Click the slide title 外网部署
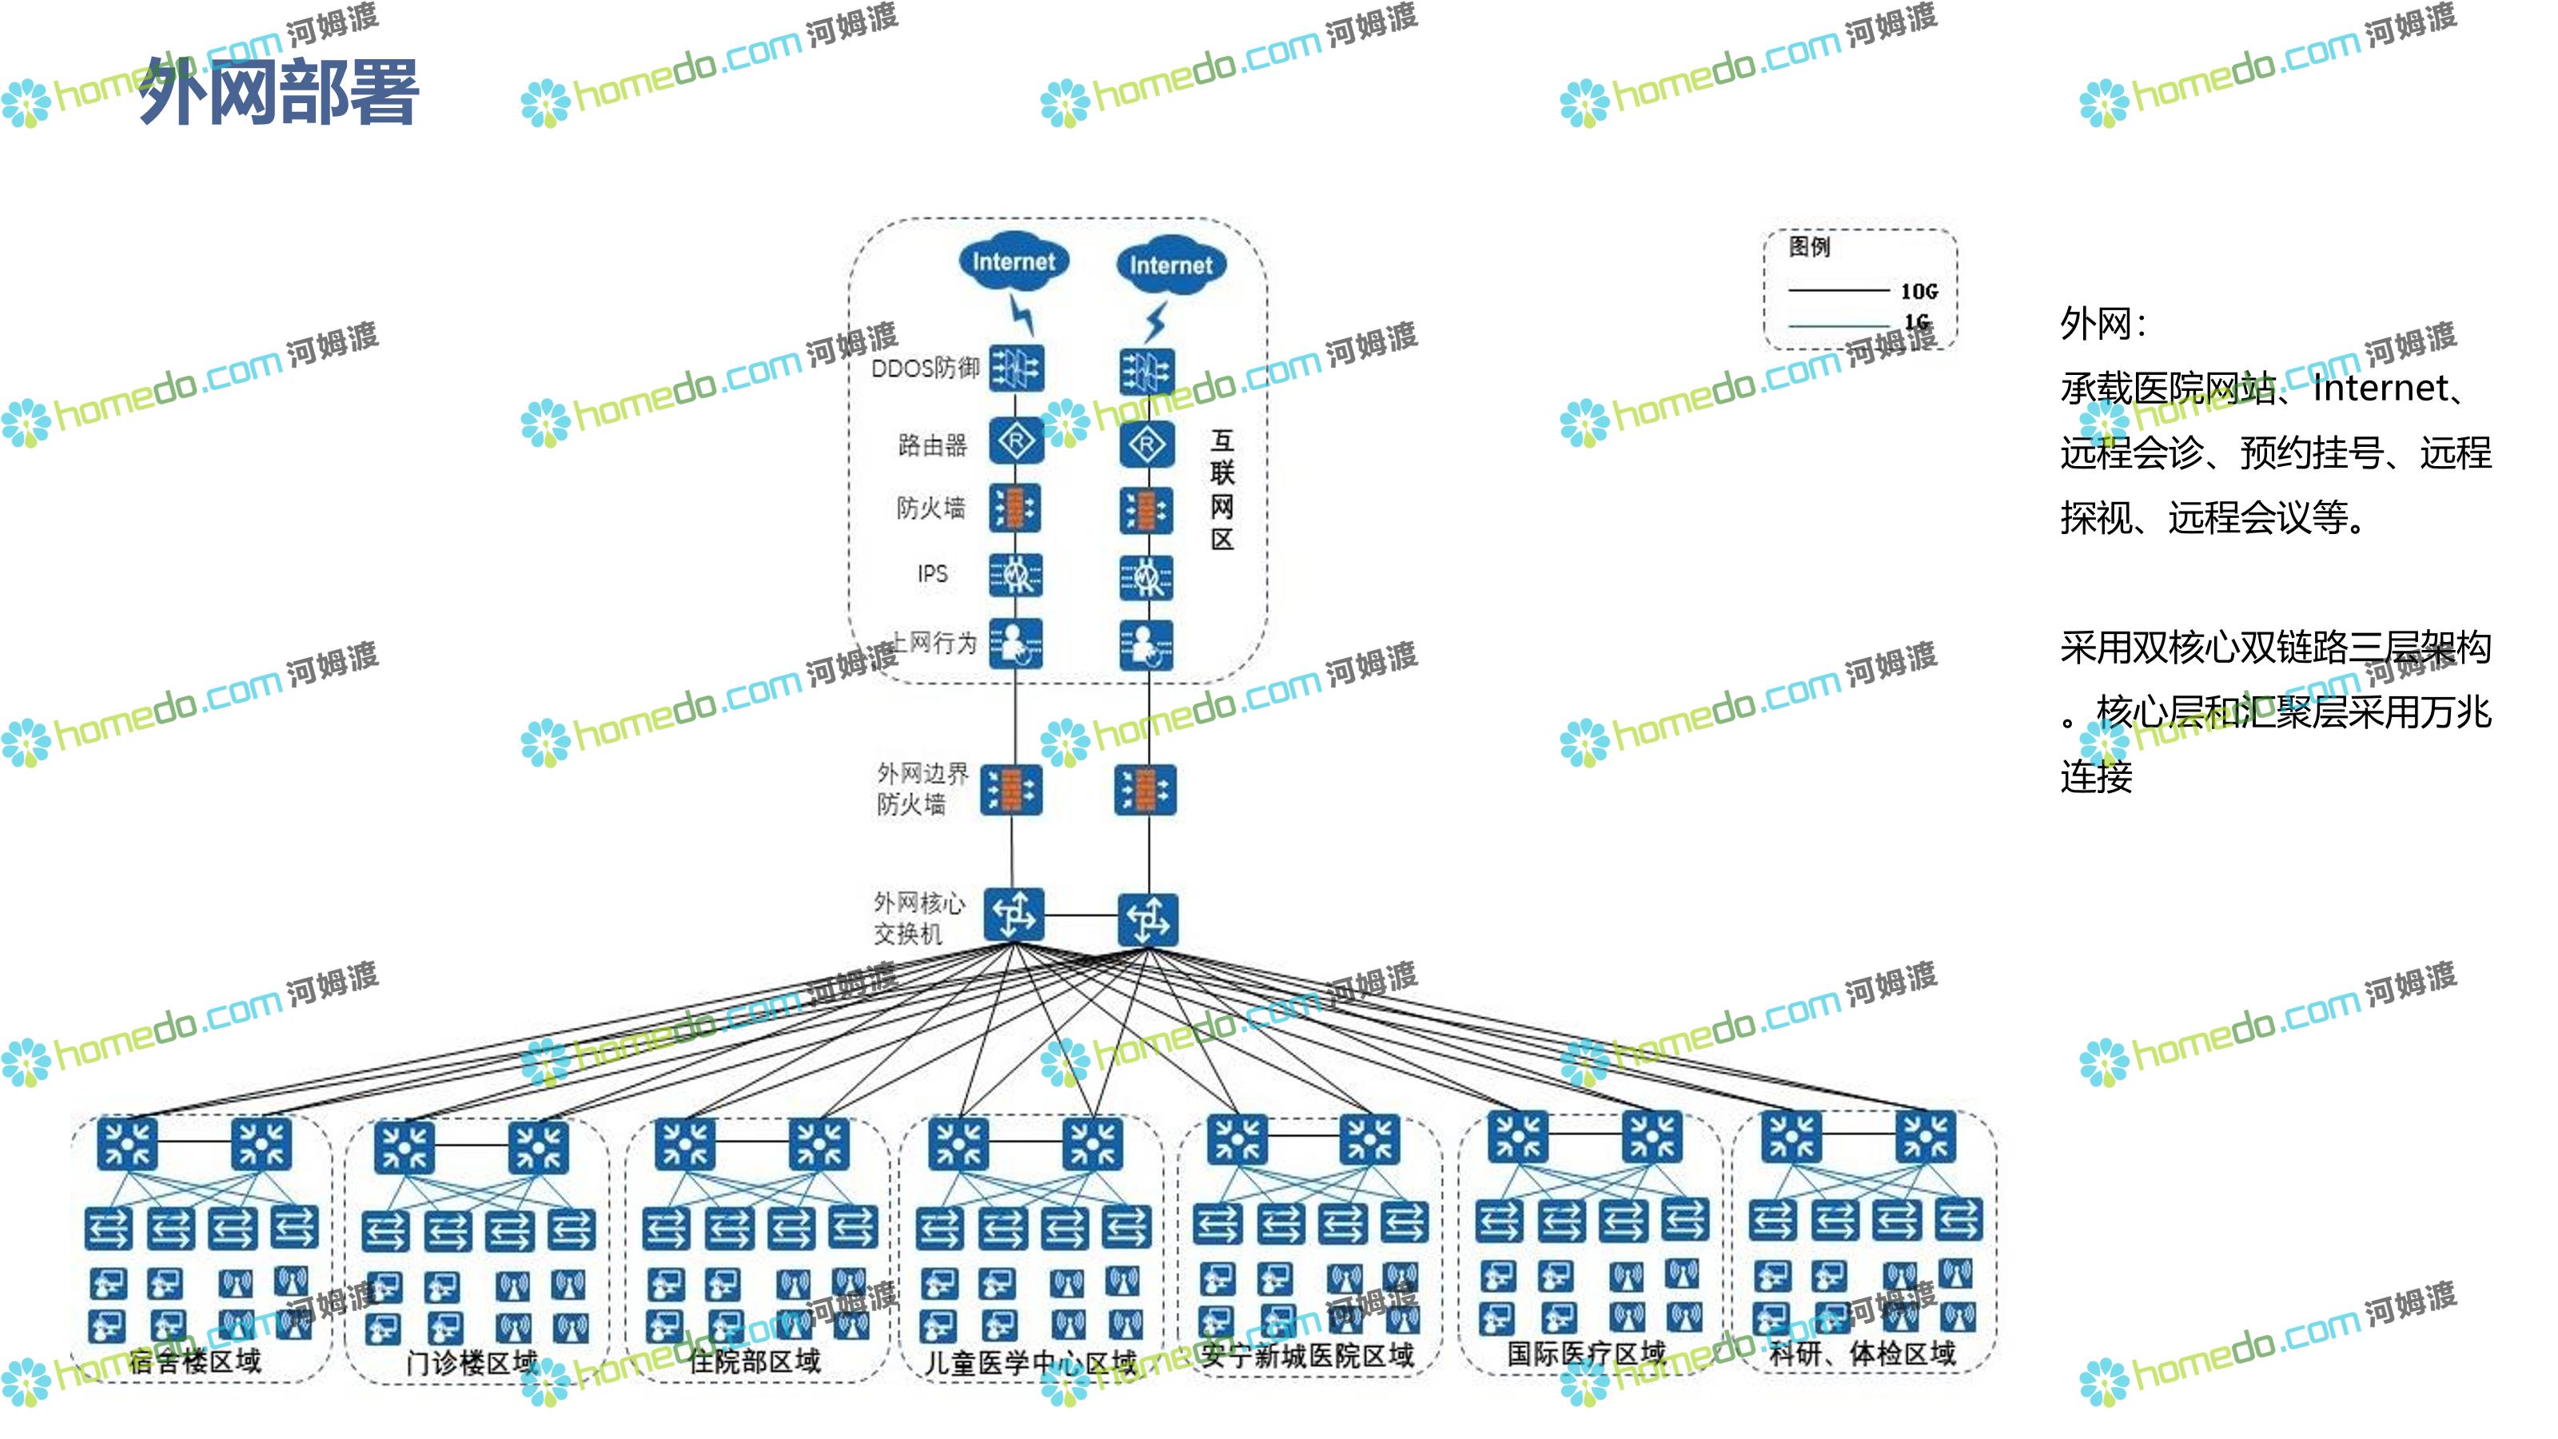(x=278, y=91)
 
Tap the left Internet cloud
(x=1013, y=261)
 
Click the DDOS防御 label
(x=925, y=369)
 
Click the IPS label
(x=931, y=573)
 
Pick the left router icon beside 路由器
(x=1016, y=442)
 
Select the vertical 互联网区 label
(x=1222, y=489)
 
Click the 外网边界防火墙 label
(x=921, y=788)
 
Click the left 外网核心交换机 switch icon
(x=1014, y=914)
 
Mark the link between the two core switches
(x=1082, y=915)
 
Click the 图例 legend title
(x=1808, y=246)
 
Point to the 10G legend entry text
(x=1918, y=291)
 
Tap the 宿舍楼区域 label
(x=194, y=1360)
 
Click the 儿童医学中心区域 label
(x=1030, y=1361)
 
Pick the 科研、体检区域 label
(x=1863, y=1353)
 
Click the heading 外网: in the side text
(x=2102, y=324)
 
